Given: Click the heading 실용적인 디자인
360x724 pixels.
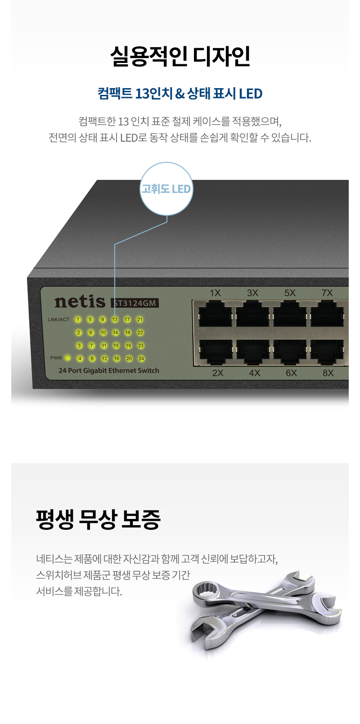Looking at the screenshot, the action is tap(180, 56).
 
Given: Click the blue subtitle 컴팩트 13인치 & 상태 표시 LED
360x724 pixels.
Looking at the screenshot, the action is tap(180, 94).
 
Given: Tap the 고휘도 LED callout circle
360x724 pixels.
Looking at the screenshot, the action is tap(166, 189).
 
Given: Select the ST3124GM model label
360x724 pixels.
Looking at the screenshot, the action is tap(135, 303).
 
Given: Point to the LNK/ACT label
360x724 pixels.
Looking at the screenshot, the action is tap(58, 319).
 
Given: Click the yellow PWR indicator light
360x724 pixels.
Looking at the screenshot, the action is tap(67, 358).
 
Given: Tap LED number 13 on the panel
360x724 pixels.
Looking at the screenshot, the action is tap(115, 319).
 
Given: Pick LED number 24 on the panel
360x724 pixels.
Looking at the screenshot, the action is tap(141, 358).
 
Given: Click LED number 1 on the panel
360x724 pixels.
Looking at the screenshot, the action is tap(78, 319).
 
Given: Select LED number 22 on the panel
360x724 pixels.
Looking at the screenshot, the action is tap(140, 332).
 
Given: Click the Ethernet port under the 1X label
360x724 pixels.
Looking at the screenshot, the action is tap(215, 313).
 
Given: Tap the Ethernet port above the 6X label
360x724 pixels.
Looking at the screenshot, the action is tap(290, 352).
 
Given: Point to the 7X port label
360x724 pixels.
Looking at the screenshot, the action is tap(327, 293).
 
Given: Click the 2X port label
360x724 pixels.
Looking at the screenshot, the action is tap(218, 373).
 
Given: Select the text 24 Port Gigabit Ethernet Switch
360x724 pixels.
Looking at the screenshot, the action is tap(109, 371).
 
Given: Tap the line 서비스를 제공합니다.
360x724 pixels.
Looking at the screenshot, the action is tap(79, 591).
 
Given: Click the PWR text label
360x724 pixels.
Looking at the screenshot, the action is tap(56, 358).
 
